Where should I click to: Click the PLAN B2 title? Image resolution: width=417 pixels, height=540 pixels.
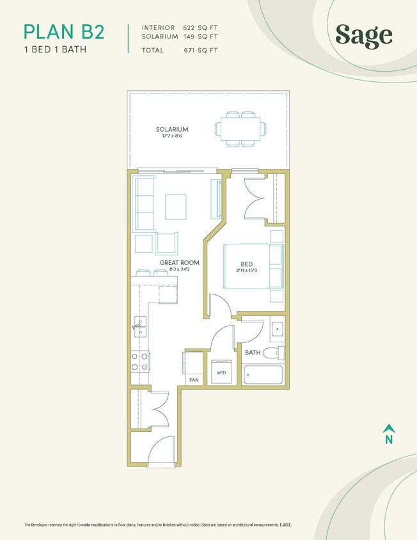(63, 31)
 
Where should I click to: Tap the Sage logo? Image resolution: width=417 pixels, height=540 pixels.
(363, 36)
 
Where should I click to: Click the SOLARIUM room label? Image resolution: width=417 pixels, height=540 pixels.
(172, 129)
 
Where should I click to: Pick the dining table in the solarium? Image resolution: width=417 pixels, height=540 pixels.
(239, 128)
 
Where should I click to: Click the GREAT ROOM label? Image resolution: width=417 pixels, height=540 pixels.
(179, 262)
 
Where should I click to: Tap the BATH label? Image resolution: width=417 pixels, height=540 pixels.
(253, 352)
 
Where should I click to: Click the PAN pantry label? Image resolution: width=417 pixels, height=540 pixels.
(194, 380)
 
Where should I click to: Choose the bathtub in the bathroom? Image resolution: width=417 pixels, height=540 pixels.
(264, 374)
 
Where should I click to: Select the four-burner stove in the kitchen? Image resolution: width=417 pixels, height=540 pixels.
(140, 361)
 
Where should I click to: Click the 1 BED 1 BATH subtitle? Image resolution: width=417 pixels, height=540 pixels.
(54, 49)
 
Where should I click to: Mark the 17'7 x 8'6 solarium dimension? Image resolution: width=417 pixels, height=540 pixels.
(172, 137)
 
